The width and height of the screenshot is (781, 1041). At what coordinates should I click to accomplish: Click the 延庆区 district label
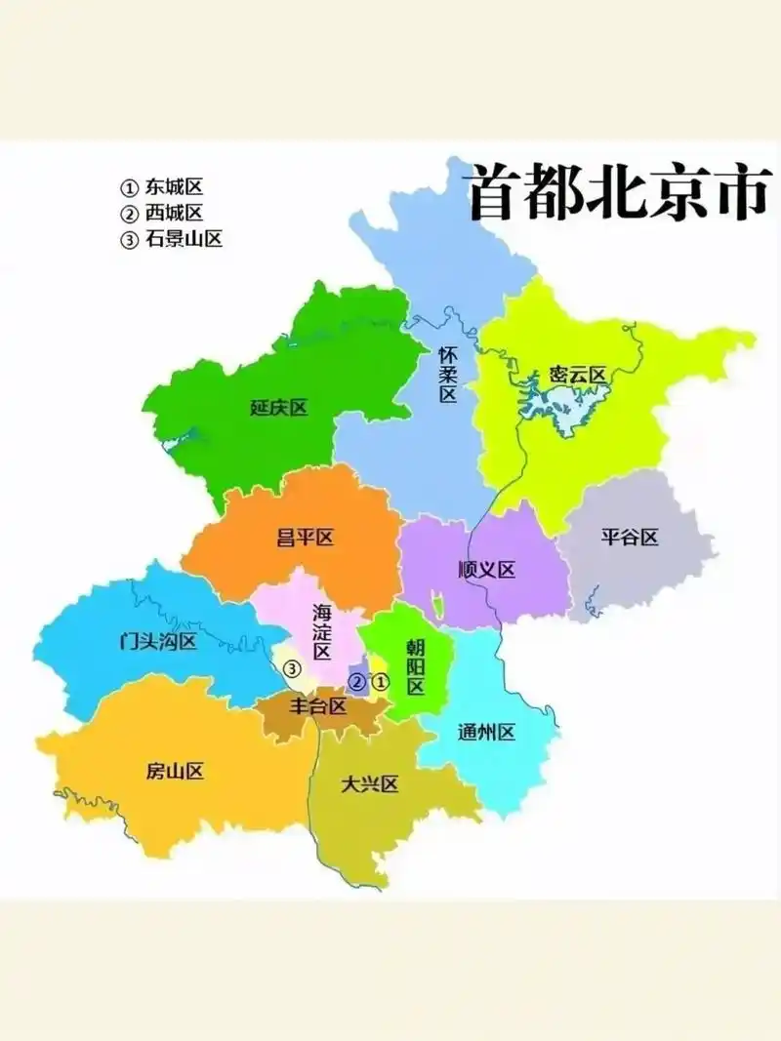pyautogui.click(x=278, y=408)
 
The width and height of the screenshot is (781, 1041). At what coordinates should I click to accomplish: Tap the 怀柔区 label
pyautogui.click(x=448, y=376)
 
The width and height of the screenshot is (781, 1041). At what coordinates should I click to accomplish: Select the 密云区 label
pyautogui.click(x=578, y=375)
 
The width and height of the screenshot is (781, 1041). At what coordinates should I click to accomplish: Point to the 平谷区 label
pyautogui.click(x=630, y=537)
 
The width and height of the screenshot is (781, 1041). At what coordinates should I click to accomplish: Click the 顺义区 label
pyautogui.click(x=486, y=571)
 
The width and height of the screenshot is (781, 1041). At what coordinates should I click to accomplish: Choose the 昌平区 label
pyautogui.click(x=306, y=538)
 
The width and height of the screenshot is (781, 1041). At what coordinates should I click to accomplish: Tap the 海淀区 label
pyautogui.click(x=322, y=632)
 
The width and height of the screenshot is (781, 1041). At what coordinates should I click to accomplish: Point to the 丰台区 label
pyautogui.click(x=319, y=705)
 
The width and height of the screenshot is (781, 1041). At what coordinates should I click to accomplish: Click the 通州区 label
pyautogui.click(x=486, y=733)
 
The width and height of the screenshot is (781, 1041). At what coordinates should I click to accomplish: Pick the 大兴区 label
pyautogui.click(x=370, y=784)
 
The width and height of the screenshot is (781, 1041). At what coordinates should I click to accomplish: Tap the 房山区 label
pyautogui.click(x=175, y=772)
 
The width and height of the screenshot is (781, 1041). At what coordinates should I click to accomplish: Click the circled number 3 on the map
pyautogui.click(x=291, y=669)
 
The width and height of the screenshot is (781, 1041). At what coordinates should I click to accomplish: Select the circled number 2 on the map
pyautogui.click(x=358, y=682)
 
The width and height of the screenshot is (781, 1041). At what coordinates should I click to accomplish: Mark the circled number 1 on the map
pyautogui.click(x=382, y=681)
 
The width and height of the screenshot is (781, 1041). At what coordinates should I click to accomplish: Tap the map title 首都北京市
pyautogui.click(x=618, y=193)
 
